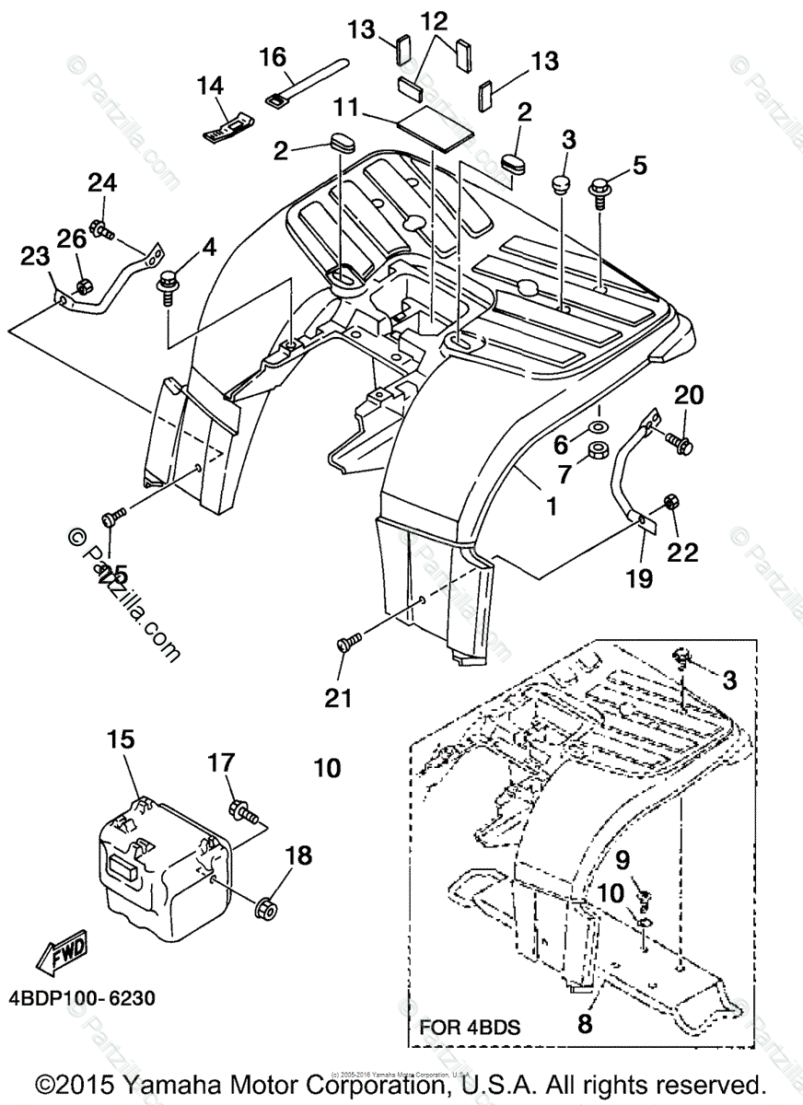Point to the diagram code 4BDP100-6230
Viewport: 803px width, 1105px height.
[84, 998]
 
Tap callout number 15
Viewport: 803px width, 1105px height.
[120, 739]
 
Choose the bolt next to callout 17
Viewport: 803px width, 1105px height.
[243, 812]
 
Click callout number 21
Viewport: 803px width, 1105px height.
[339, 699]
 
